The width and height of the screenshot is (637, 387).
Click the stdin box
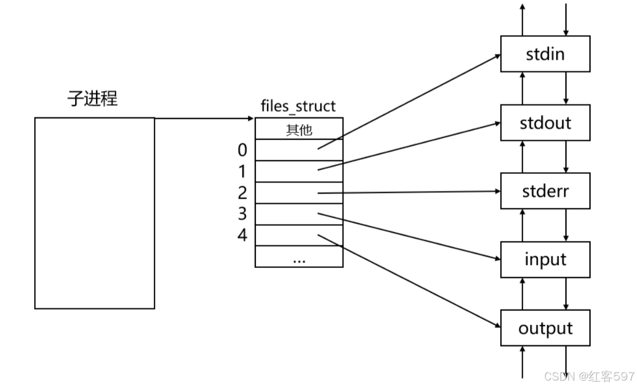coord(545,54)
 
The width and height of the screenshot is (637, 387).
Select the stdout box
coord(545,123)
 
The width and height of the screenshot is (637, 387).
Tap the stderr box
coord(545,191)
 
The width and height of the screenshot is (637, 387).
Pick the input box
coord(545,259)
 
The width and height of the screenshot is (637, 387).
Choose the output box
coord(545,328)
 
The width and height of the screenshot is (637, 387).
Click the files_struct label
coord(298,106)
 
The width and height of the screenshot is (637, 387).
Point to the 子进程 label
coord(92,98)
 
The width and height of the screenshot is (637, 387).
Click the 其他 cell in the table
coord(299,129)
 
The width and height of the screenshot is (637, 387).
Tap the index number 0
coord(242,150)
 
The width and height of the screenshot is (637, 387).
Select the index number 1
coord(242,171)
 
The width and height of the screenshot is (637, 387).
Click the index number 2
coord(242,193)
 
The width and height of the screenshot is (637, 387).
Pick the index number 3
coord(242,214)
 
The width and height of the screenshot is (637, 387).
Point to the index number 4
coord(242,235)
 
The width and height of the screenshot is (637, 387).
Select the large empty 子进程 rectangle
coord(95,213)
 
